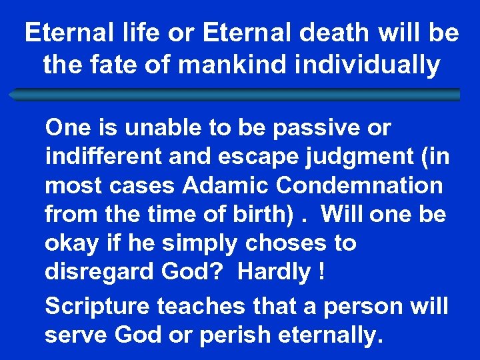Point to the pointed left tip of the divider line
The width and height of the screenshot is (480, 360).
coord(10,95)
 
